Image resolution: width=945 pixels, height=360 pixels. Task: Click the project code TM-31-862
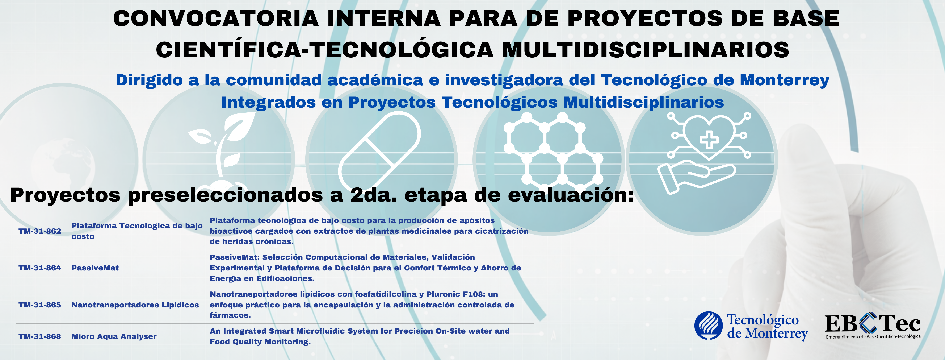pos(40,231)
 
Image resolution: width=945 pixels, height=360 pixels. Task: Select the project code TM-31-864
pos(40,268)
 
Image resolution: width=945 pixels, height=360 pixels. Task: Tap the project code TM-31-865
pos(40,305)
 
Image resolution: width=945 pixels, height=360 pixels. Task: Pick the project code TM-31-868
pos(40,336)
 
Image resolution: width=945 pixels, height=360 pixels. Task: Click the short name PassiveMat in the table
pos(95,268)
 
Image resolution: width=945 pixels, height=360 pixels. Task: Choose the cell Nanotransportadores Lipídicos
pos(135,305)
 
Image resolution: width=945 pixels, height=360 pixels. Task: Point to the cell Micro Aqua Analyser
pos(114,336)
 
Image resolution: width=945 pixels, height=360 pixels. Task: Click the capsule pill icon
pos(380,150)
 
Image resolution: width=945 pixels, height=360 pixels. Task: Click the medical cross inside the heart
pos(709,140)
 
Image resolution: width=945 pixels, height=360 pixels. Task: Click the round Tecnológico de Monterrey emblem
pos(708,326)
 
